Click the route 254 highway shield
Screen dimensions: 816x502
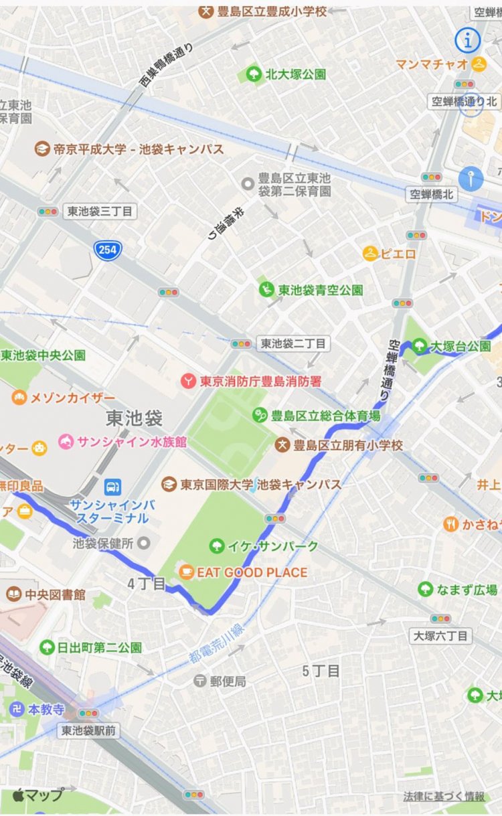108,250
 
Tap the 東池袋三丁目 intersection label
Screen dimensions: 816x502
100,212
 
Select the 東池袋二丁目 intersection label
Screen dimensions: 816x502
293,343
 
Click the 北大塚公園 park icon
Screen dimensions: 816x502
254,74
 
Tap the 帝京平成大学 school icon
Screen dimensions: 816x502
43,149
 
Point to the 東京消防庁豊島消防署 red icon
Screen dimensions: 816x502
189,381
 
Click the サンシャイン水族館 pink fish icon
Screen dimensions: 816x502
66,442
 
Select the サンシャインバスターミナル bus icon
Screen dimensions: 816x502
112,487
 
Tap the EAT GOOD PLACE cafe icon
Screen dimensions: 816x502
185,572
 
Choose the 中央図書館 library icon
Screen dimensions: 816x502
13,594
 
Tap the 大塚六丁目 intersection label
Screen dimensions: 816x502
440,635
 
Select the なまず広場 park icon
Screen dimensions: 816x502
424,590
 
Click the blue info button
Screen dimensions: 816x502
468,40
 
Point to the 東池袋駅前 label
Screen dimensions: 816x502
88,730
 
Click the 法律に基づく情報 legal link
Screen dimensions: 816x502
444,797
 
